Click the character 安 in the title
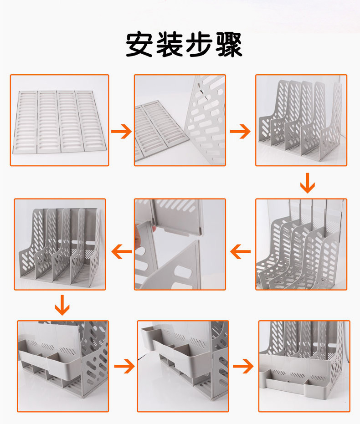pyautogui.click(x=139, y=45)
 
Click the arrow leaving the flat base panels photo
pyautogui.click(x=121, y=132)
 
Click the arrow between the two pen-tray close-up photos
pyautogui.click(x=124, y=365)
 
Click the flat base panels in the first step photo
pyautogui.click(x=59, y=121)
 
